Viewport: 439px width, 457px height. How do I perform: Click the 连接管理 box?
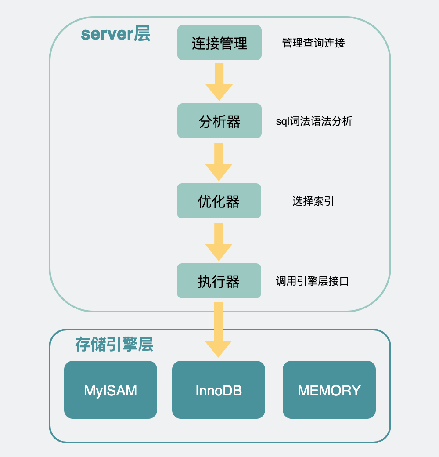(x=219, y=43)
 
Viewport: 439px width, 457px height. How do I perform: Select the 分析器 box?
(x=219, y=121)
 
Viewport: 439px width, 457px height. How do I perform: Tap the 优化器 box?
(x=219, y=201)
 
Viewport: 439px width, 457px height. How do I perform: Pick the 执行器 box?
(x=219, y=281)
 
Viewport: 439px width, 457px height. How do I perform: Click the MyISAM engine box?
(x=111, y=390)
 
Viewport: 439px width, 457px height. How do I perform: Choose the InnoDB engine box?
(x=219, y=390)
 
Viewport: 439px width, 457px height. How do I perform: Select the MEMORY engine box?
(x=329, y=390)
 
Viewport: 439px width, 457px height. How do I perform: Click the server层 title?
(x=115, y=34)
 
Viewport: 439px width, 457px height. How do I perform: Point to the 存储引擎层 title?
(x=114, y=345)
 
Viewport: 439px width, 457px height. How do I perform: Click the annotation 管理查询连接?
(x=313, y=43)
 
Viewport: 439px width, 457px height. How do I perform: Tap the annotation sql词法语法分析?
(x=314, y=121)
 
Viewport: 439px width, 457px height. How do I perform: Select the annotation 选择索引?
(x=313, y=201)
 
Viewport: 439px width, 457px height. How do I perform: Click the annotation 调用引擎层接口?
(x=313, y=281)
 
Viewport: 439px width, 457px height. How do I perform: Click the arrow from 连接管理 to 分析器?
(x=219, y=81)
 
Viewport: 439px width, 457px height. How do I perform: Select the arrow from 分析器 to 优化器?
(x=219, y=161)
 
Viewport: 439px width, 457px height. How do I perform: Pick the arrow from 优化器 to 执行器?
(x=219, y=241)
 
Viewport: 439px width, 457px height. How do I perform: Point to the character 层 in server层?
(x=142, y=34)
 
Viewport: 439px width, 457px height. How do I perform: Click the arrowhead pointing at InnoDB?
(x=218, y=349)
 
